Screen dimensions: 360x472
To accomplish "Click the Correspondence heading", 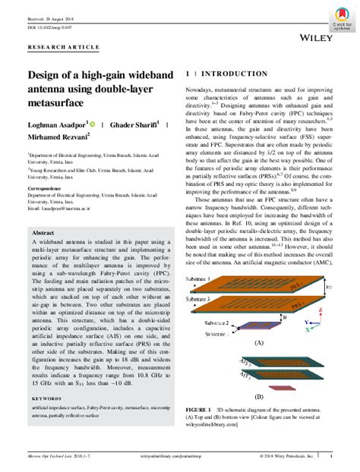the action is pos(49,187).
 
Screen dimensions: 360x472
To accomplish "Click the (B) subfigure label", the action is pos(258,396).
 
